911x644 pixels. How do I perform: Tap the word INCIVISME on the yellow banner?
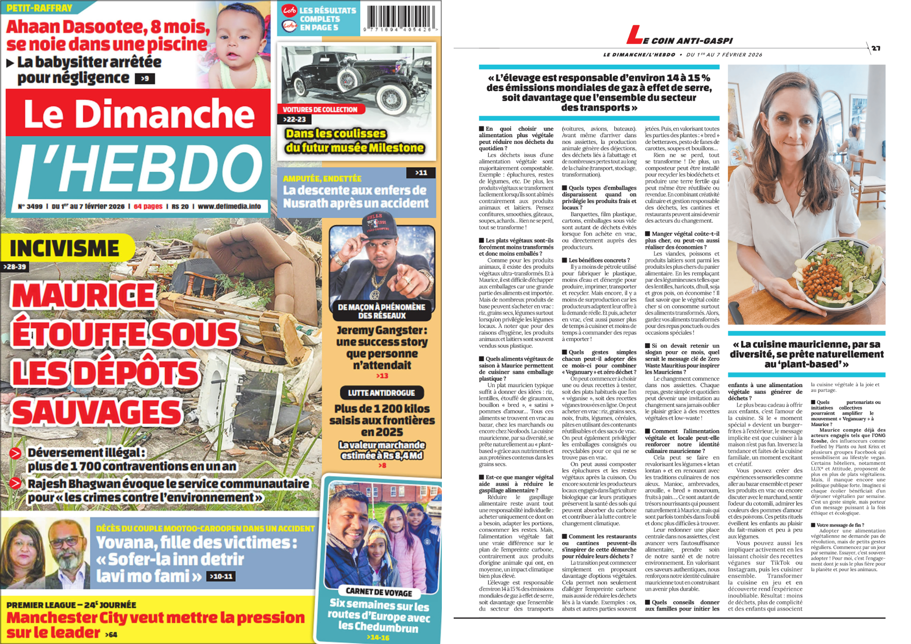click(65, 249)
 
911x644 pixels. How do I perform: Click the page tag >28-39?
click(15, 267)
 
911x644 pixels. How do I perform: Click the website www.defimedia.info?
click(229, 206)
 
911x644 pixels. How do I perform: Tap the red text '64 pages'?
click(148, 206)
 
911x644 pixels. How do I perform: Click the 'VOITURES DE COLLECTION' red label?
click(320, 109)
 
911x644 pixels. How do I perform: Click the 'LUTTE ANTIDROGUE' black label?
click(382, 393)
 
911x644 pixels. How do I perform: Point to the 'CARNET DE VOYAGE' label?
click(379, 592)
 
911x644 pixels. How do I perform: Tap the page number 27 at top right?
click(876, 48)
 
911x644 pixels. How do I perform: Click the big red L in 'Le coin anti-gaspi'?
click(634, 35)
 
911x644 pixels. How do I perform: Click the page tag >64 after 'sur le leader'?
click(111, 634)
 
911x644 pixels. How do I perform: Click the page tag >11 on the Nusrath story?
click(421, 173)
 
